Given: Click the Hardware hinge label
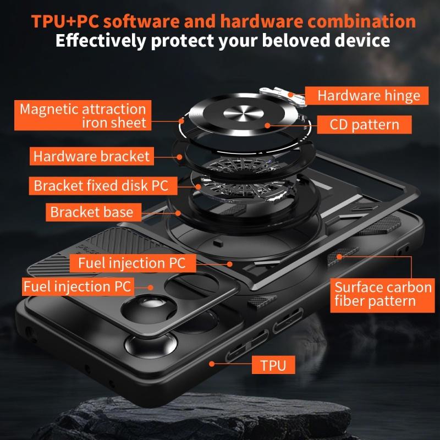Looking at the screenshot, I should [369, 96].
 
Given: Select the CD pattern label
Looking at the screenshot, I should [364, 124].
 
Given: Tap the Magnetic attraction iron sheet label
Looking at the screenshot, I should [82, 116].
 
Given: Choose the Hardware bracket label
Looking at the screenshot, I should [91, 156].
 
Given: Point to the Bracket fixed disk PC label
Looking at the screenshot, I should [101, 185].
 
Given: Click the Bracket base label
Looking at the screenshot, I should [91, 212].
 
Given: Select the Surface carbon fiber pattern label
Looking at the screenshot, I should [383, 294].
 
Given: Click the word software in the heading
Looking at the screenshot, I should [142, 21].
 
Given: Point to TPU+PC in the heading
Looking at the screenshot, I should [64, 21].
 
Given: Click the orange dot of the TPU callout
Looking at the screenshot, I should [212, 364].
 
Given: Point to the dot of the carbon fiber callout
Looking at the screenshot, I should [339, 256].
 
